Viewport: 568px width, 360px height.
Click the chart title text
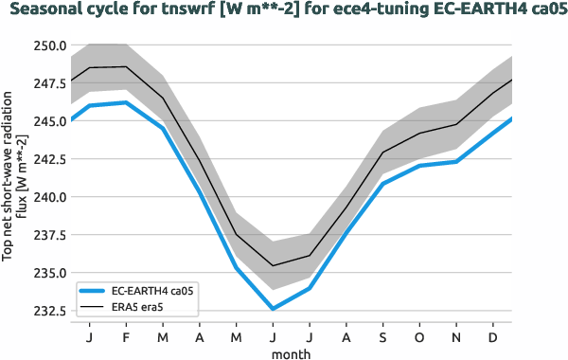[x=284, y=12]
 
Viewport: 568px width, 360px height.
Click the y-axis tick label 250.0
[x=46, y=45]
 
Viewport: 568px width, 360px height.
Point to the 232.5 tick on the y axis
[x=46, y=311]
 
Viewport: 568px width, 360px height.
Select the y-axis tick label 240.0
[x=46, y=197]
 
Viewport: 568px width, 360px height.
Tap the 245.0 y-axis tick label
[x=46, y=121]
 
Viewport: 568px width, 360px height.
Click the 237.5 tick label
[x=46, y=235]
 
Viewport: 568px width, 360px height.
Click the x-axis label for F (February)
[x=126, y=336]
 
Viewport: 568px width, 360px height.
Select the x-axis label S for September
[x=383, y=336]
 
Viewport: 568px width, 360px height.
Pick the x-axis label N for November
[x=457, y=336]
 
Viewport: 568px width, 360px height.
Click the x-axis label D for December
[x=493, y=336]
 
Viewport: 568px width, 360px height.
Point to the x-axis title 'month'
[x=292, y=352]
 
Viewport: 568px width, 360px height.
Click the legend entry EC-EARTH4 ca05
[x=155, y=291]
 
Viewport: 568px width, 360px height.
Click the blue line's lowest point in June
[x=273, y=309]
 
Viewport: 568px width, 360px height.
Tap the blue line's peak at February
[x=126, y=102]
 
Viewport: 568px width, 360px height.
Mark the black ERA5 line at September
[x=383, y=153]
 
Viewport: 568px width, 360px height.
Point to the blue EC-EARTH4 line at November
[x=457, y=162]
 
